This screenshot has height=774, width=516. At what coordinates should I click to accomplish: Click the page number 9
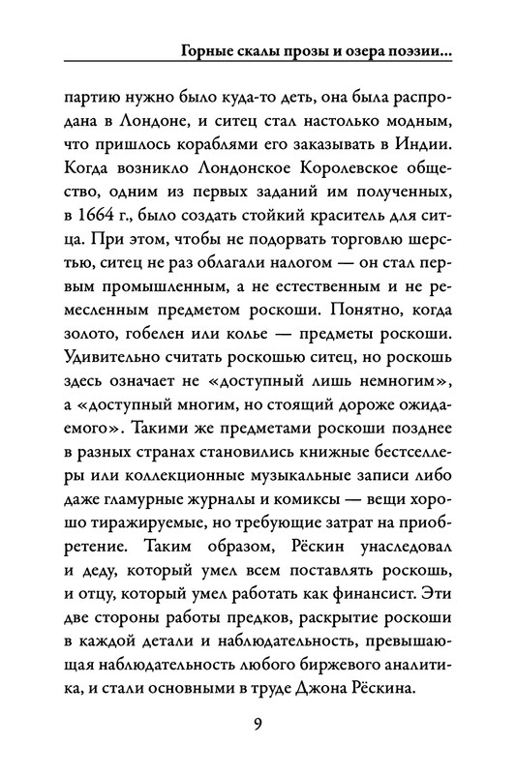pyautogui.click(x=258, y=726)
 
